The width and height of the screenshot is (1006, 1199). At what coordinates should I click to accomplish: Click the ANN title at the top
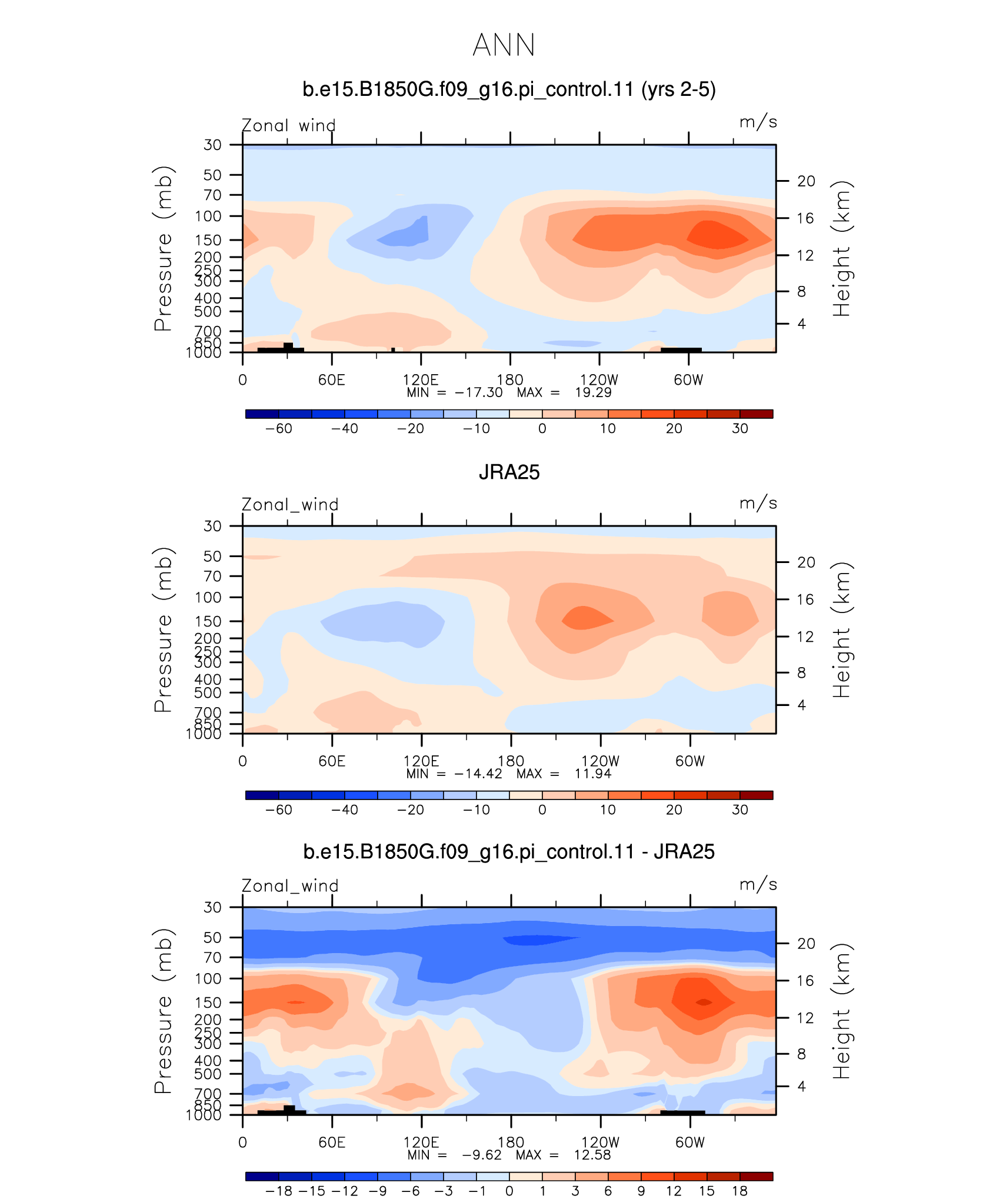coord(504,45)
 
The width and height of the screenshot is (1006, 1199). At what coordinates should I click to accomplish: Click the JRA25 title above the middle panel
coord(509,472)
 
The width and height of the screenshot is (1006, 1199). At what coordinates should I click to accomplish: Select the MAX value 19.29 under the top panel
coord(593,392)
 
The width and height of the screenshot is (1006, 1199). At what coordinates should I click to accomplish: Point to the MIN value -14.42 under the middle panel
coord(478,774)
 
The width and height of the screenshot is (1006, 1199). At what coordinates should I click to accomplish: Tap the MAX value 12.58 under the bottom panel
coord(592,1155)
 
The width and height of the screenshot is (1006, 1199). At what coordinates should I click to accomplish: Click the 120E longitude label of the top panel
coord(421,380)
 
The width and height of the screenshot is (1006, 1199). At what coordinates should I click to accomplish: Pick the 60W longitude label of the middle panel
coord(689,761)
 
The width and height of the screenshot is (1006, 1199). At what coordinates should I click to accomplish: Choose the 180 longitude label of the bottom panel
coord(511,1143)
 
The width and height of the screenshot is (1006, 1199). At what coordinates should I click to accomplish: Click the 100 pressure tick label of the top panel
coord(208,217)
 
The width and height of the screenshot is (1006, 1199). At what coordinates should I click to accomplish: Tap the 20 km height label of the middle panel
coord(806,562)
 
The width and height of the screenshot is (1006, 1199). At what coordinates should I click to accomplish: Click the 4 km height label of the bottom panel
coord(801,1087)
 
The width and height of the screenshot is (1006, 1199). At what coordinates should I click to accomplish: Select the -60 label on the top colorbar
coord(278,429)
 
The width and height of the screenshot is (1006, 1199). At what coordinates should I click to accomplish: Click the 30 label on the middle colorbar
coord(740,810)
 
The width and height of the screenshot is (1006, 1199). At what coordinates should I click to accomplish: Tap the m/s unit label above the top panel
coord(758,122)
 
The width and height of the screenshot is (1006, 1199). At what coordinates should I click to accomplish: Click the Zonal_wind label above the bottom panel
coord(290,886)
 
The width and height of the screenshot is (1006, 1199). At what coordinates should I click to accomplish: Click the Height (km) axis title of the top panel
coord(841,249)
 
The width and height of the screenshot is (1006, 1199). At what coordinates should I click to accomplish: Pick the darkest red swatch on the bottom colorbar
coord(757,1177)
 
